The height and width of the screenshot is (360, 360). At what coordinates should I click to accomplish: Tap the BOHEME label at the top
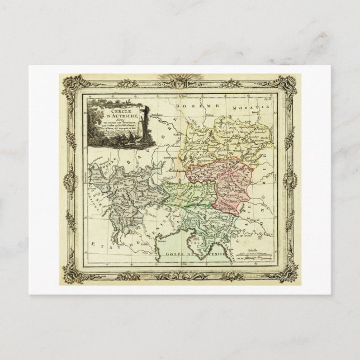188,106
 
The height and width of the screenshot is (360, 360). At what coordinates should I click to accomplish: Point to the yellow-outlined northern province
224,140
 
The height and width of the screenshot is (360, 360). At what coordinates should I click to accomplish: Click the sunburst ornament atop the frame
180,78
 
